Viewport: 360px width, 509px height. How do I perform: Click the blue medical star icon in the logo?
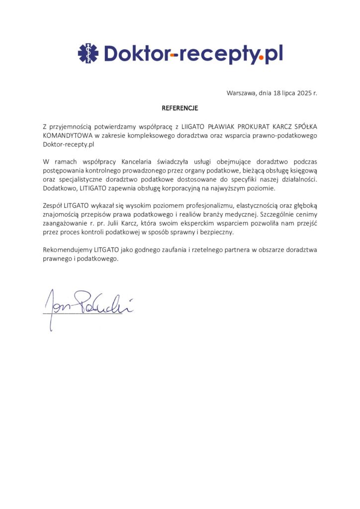(x=88, y=53)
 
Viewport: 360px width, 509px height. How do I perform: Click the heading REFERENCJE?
(x=180, y=107)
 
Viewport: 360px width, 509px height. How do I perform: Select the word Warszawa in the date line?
(x=241, y=93)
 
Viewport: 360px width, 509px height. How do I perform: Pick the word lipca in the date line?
(x=280, y=93)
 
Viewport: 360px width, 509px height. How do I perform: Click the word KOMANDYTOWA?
(x=65, y=136)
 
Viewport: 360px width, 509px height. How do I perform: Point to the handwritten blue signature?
(x=87, y=304)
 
